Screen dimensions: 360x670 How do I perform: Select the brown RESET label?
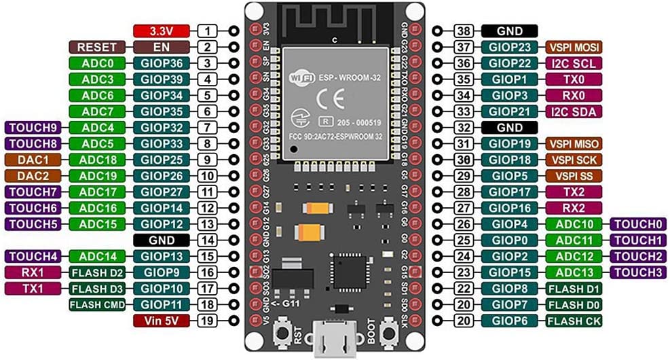pos(97,48)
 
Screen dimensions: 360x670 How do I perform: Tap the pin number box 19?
pos(208,320)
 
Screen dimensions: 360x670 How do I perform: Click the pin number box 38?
pos(464,31)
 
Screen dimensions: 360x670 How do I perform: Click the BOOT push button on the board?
pos(389,332)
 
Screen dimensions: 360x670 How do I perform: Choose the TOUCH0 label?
pos(638,223)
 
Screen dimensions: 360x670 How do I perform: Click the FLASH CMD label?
pos(97,304)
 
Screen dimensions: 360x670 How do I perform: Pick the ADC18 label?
pos(97,160)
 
